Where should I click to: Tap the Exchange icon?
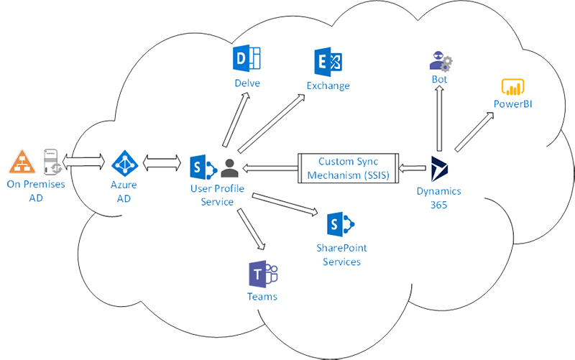(327, 62)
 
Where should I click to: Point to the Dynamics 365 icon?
(439, 169)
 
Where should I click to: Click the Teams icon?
(262, 274)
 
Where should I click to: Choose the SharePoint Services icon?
(338, 225)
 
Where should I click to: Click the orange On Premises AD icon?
(22, 162)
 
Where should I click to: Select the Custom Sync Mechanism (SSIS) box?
(349, 168)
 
